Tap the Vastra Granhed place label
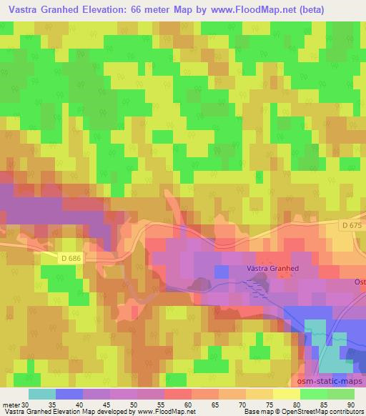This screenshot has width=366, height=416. point(272,268)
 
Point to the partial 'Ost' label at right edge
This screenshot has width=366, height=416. point(360,282)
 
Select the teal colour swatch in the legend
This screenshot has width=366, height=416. point(42,394)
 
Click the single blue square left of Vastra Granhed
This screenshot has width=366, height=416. point(222,271)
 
